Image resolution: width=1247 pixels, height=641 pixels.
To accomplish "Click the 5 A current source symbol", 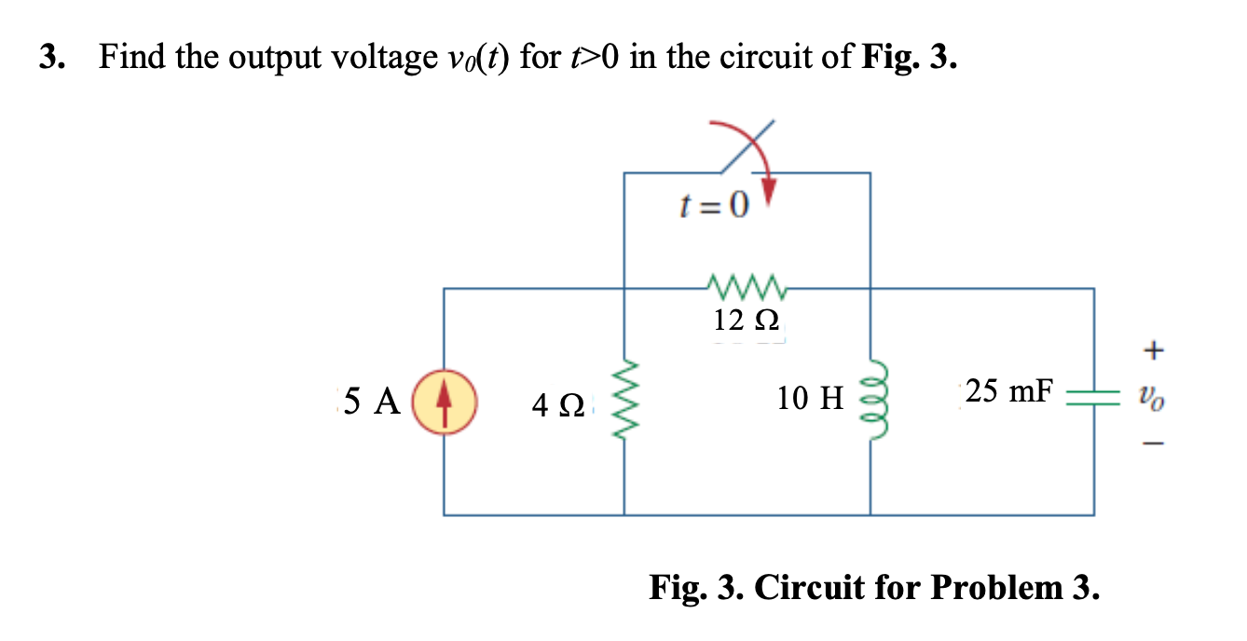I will (x=445, y=402).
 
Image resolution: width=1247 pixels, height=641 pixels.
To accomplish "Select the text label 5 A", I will (x=372, y=402).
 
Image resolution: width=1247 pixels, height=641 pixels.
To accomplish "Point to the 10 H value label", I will (x=809, y=400).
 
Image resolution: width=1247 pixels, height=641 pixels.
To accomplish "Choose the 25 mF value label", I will (x=1007, y=391).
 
